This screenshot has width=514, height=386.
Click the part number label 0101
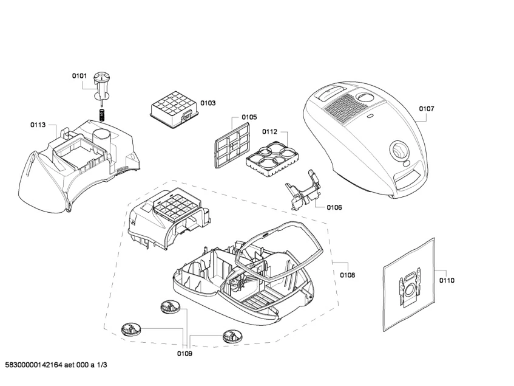[80, 76]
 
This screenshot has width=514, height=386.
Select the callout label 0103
[208, 103]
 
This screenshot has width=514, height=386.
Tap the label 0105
[249, 117]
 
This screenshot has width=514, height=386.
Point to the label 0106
[334, 207]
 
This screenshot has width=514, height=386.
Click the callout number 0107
[427, 109]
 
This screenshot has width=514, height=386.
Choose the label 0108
[348, 275]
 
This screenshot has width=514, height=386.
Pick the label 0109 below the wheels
[184, 353]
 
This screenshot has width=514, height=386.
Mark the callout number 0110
[447, 280]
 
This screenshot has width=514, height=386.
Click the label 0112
[270, 131]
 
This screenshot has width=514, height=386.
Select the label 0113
[38, 125]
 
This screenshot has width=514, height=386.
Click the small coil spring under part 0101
[103, 114]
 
